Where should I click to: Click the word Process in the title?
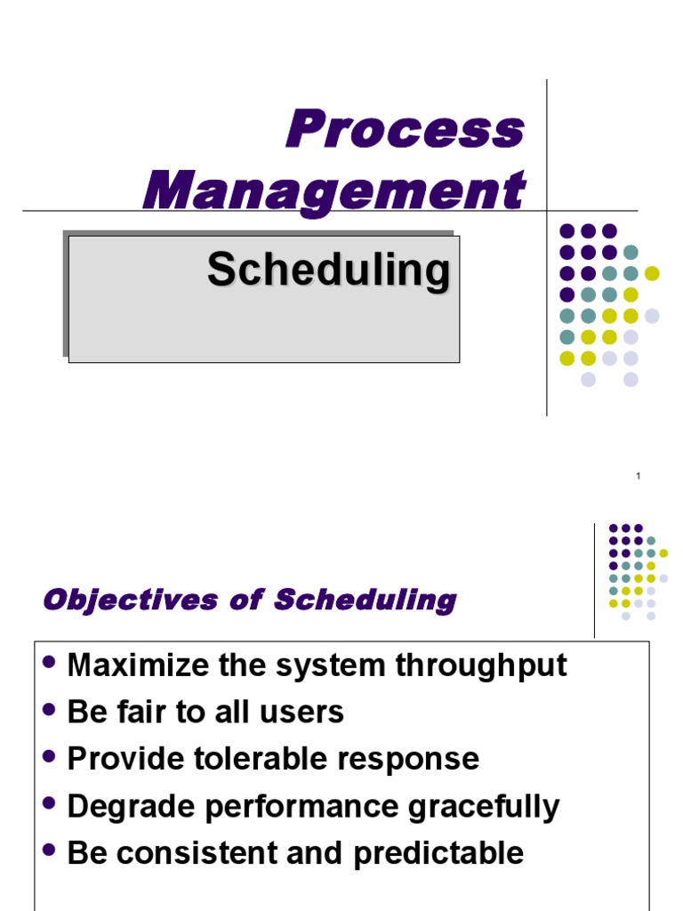405,130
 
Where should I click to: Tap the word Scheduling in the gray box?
328,270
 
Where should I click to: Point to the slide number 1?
639,478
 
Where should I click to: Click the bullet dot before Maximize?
50,663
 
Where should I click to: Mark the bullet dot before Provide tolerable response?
50,757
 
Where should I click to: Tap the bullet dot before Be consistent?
50,851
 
